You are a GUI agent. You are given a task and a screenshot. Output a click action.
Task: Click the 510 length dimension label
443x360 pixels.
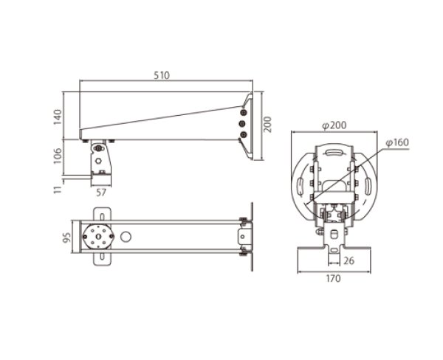[162, 75]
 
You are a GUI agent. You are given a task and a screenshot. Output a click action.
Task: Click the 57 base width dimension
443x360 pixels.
[101, 193]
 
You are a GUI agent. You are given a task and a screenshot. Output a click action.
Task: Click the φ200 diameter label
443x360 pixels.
[336, 125]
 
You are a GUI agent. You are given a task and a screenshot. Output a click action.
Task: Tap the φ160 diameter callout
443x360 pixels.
[396, 142]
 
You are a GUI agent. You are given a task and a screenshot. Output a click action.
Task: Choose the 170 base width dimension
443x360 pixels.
[336, 280]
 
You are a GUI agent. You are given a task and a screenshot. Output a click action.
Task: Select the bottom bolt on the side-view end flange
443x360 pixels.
[243, 136]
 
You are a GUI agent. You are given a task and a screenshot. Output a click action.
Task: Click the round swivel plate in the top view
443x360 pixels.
[97, 237]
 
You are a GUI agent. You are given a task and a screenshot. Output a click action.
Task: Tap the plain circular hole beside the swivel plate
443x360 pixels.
[126, 237]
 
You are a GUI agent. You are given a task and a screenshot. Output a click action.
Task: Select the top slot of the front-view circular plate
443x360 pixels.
[336, 153]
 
